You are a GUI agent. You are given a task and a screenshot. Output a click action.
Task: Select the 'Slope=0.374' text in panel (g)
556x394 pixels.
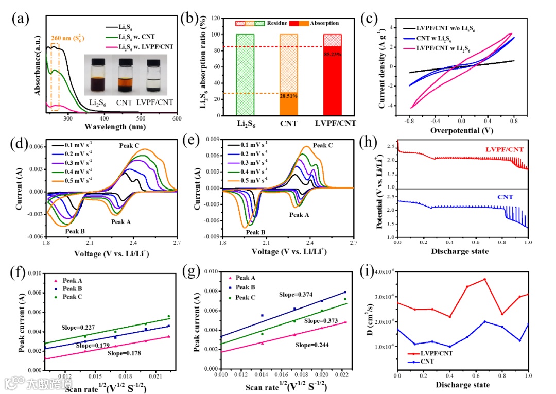point(296,294)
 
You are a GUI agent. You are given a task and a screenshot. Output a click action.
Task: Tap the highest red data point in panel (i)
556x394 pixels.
point(484,279)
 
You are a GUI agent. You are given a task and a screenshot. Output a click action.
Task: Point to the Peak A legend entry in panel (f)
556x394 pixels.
point(72,281)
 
